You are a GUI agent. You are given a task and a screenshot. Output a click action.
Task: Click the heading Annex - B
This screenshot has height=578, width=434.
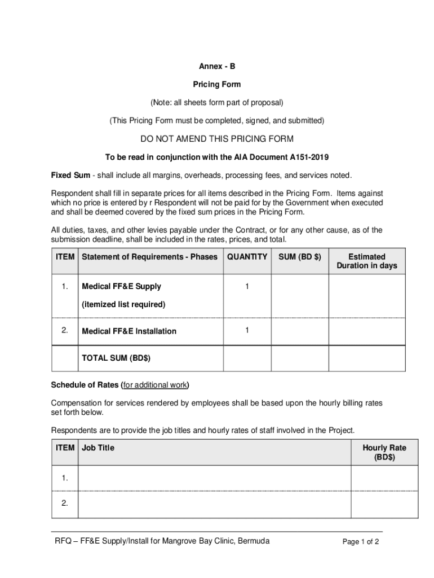(x=217, y=66)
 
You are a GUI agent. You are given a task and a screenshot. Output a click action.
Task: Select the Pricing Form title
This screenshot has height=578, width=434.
(x=217, y=84)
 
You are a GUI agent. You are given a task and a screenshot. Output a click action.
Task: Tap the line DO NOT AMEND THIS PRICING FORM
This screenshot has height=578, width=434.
(x=217, y=139)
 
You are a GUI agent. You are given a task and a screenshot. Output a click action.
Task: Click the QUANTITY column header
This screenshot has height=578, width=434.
(x=247, y=257)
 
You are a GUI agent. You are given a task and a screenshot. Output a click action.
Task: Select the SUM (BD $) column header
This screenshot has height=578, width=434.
(x=300, y=257)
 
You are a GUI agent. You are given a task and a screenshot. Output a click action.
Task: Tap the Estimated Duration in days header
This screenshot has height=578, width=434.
(x=366, y=261)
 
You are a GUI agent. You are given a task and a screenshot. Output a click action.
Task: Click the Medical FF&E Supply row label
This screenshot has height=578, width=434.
(x=122, y=286)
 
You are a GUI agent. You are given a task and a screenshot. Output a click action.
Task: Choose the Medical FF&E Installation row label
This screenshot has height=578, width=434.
(x=129, y=331)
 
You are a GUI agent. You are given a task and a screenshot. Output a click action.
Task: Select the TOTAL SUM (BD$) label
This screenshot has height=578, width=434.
(x=116, y=358)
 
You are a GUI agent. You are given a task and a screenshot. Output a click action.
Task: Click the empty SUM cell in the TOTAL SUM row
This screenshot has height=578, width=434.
(x=300, y=358)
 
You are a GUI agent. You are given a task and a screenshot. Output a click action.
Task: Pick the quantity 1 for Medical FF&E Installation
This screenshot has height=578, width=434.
(x=247, y=330)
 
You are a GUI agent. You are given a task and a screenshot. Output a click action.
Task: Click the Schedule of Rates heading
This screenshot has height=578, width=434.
(x=119, y=385)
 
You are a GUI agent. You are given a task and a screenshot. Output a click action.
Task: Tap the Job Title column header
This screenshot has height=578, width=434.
(x=98, y=448)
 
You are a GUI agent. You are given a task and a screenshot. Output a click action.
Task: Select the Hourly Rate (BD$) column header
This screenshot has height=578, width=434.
(x=384, y=452)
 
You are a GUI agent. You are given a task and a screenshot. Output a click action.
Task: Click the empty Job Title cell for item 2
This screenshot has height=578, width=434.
(x=214, y=504)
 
